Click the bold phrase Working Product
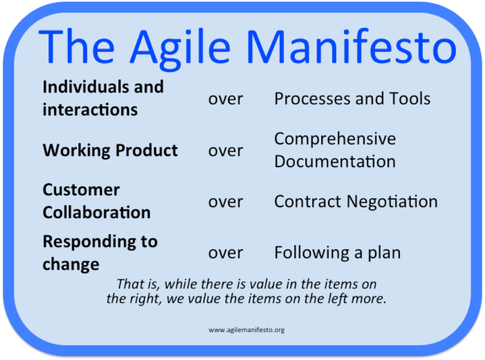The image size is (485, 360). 110,150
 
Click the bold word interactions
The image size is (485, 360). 90,109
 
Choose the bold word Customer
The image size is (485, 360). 81,190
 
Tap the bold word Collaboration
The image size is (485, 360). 96,213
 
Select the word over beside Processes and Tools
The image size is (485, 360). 226,99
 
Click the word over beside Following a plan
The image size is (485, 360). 226,253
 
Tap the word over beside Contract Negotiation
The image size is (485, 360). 226,202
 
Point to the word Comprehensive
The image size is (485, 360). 335,139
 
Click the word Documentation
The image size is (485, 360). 335,161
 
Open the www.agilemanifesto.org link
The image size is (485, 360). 246,330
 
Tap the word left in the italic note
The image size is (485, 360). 333,299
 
